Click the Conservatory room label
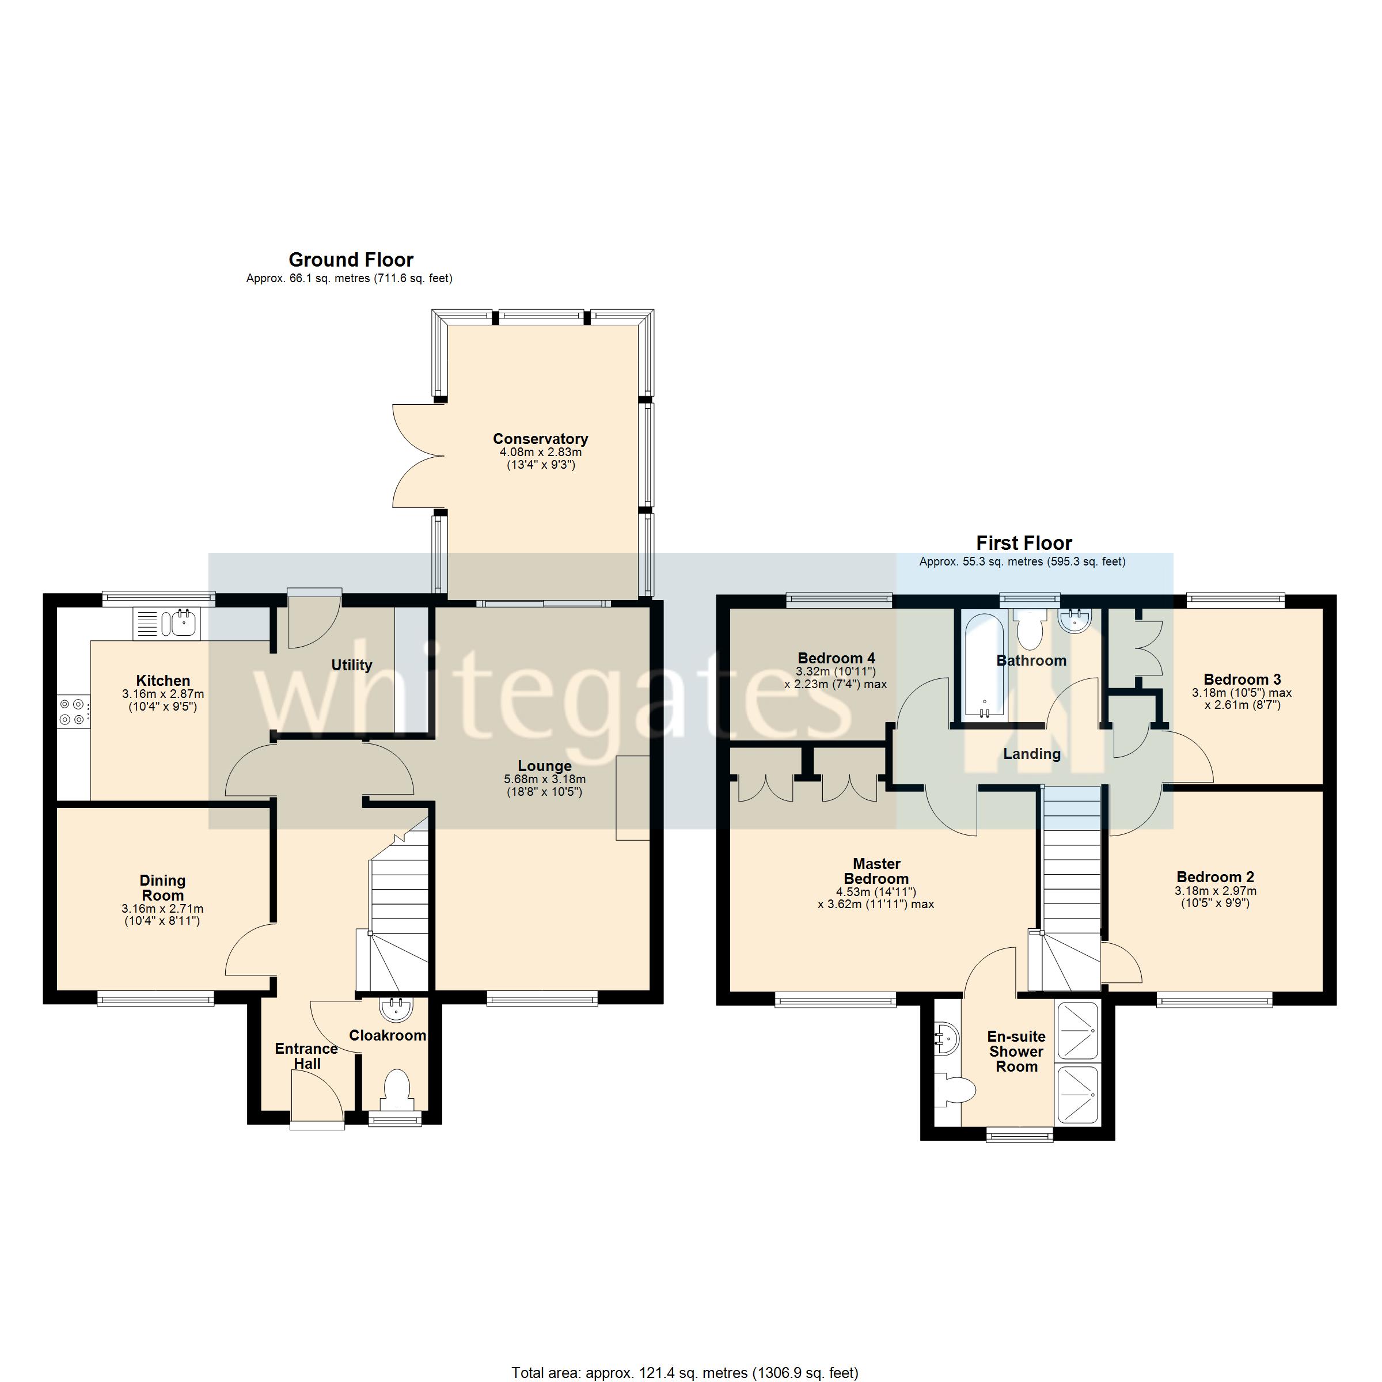[x=540, y=438]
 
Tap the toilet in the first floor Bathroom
[x=1031, y=629]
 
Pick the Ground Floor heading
[x=351, y=260]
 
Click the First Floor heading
[x=1024, y=543]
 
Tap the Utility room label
[x=351, y=665]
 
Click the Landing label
[x=1031, y=753]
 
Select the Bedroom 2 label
[x=1214, y=877]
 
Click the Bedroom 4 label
[x=836, y=658]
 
